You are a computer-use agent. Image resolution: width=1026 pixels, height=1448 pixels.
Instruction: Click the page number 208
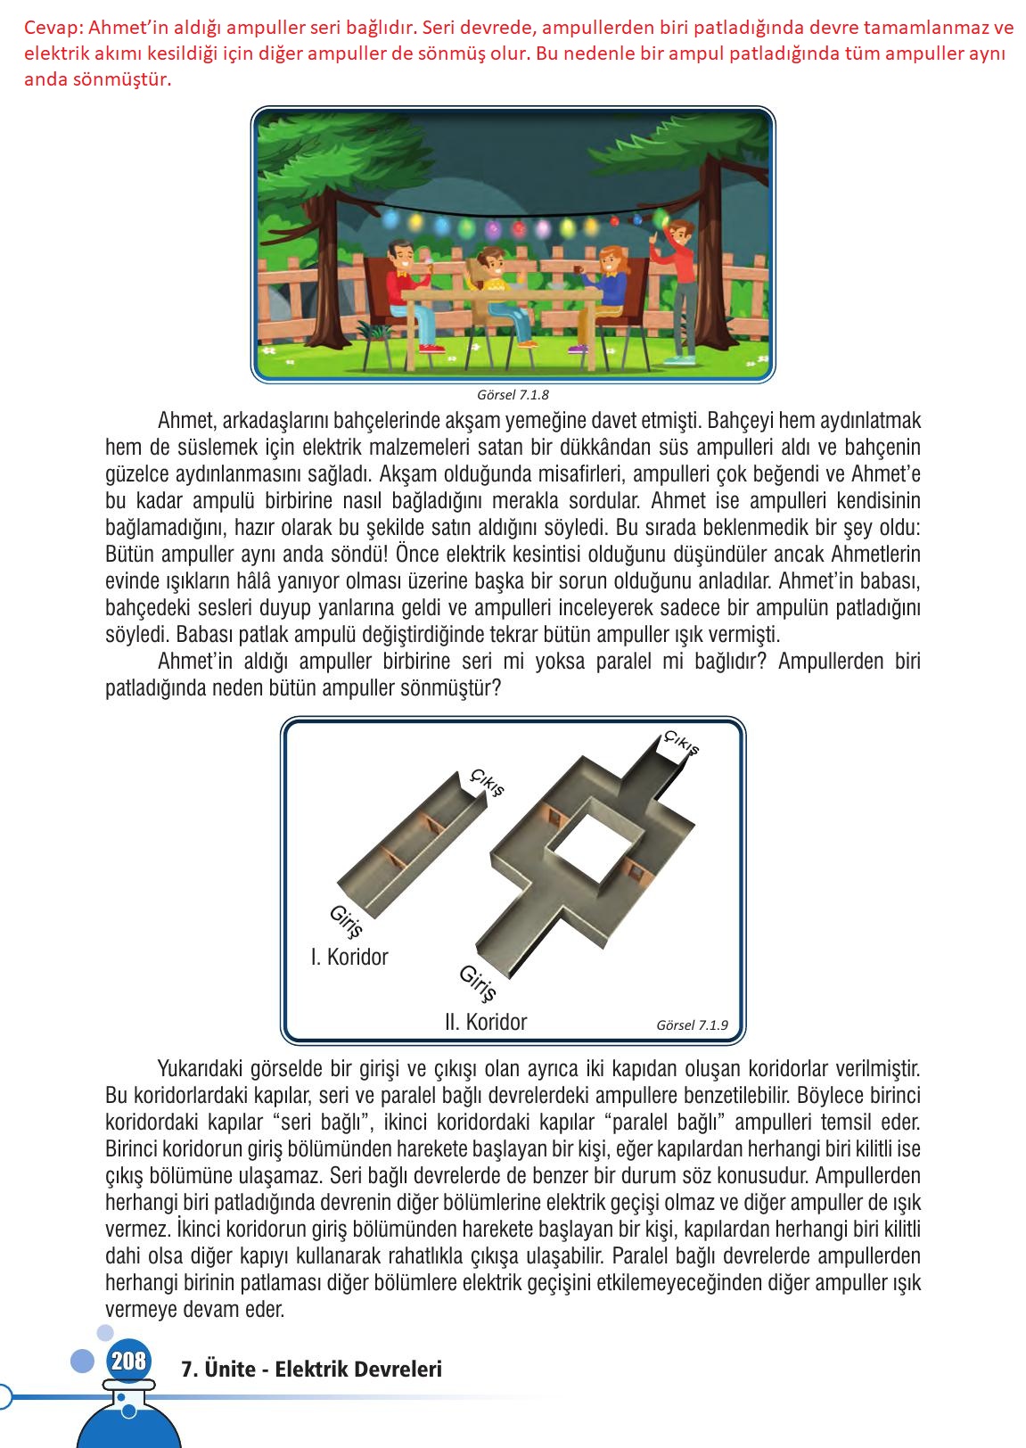(128, 1362)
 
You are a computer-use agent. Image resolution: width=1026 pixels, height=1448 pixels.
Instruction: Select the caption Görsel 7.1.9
(691, 1024)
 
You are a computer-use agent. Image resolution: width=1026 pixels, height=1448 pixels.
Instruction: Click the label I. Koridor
(349, 957)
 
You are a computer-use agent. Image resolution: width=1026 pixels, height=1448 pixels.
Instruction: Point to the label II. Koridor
(486, 1022)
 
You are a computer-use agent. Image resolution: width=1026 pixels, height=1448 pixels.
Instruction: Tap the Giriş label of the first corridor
(346, 921)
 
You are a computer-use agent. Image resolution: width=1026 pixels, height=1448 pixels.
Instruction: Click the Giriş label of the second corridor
(477, 983)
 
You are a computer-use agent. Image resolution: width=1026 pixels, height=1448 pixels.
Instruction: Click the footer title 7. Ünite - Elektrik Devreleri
(311, 1369)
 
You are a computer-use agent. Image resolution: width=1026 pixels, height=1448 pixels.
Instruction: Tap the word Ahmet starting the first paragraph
(182, 420)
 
